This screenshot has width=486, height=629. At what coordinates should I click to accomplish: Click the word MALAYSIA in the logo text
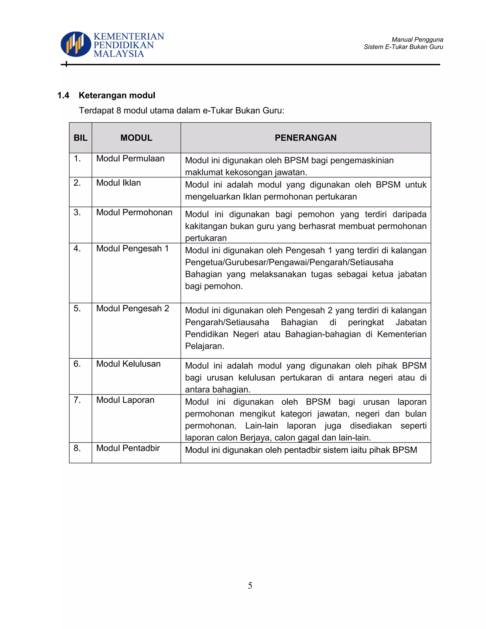pyautogui.click(x=119, y=54)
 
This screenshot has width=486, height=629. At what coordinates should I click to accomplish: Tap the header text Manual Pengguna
pyautogui.click(x=417, y=39)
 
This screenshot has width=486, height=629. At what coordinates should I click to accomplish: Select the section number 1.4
pyautogui.click(x=63, y=95)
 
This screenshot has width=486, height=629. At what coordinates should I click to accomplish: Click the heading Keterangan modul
pyautogui.click(x=117, y=95)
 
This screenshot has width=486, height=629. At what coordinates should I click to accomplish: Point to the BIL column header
pyautogui.click(x=80, y=138)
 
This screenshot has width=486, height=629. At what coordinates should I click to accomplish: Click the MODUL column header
pyautogui.click(x=136, y=138)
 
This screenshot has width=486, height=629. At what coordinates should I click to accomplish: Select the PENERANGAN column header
pyautogui.click(x=305, y=138)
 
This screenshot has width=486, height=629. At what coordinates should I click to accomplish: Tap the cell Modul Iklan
pyautogui.click(x=118, y=183)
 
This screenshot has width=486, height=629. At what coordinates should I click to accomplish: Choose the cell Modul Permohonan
pyautogui.click(x=134, y=212)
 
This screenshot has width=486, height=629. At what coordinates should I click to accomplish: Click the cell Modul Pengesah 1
pyautogui.click(x=132, y=249)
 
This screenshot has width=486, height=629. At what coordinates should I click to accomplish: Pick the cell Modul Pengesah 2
pyautogui.click(x=132, y=309)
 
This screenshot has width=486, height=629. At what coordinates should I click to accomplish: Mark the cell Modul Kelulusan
pyautogui.click(x=128, y=364)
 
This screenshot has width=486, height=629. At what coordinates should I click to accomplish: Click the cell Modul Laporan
pyautogui.click(x=125, y=400)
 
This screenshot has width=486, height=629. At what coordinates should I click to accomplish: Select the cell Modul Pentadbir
pyautogui.click(x=128, y=448)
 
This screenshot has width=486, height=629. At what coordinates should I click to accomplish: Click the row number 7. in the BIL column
pyautogui.click(x=77, y=400)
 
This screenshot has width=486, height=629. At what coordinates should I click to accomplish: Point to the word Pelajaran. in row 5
pyautogui.click(x=204, y=346)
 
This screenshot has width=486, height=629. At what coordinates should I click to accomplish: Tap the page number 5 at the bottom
pyautogui.click(x=250, y=585)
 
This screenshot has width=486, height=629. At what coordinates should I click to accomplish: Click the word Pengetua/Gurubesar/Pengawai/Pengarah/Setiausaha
pyautogui.click(x=289, y=262)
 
